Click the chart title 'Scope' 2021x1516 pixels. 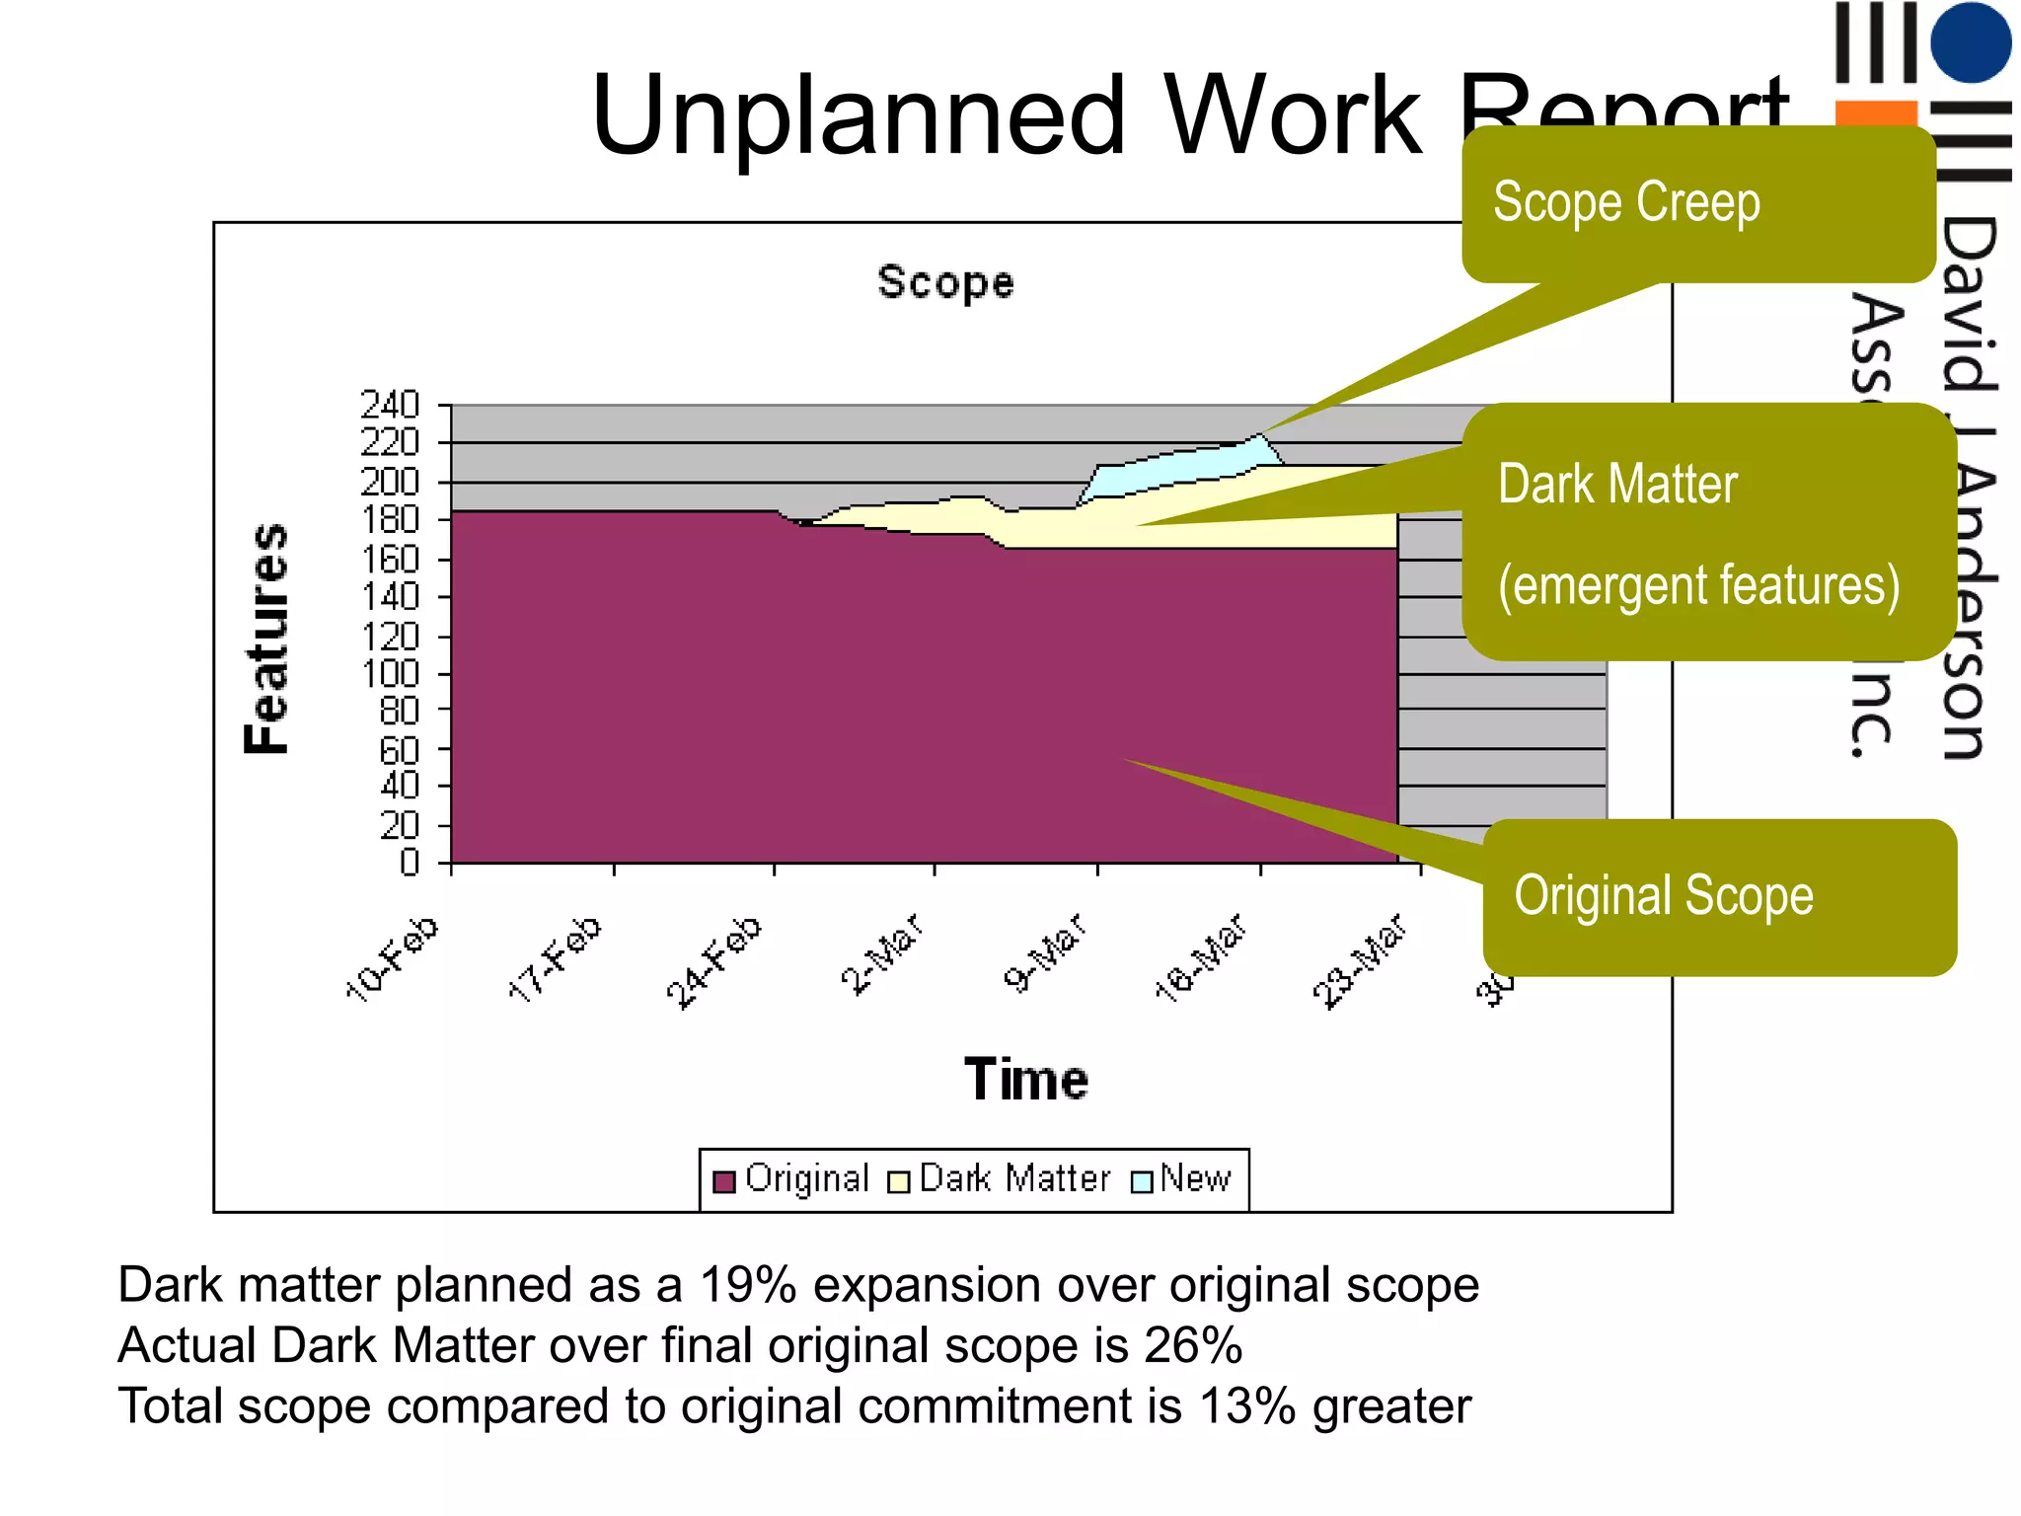pos(945,283)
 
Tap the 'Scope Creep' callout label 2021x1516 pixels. pos(1625,203)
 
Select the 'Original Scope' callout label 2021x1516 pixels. pos(1664,896)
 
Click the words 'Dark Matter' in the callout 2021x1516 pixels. pos(1617,485)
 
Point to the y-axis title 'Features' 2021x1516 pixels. pos(266,639)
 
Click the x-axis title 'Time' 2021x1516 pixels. pos(1026,1079)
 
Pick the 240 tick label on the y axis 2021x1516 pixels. pos(390,405)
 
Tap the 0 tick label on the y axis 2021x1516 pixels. pos(409,864)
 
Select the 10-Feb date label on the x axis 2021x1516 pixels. pos(393,957)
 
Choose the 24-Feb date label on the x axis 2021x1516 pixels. pos(714,961)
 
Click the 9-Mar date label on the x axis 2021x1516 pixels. pos(1045,952)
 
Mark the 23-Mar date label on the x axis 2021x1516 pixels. pos(1359,961)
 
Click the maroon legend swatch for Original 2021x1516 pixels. pos(724,1181)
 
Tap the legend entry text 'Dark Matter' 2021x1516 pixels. pos(1014,1178)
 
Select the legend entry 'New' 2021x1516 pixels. pos(1195,1178)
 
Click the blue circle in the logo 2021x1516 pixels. pos(1971,42)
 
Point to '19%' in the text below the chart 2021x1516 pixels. pos(747,1285)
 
